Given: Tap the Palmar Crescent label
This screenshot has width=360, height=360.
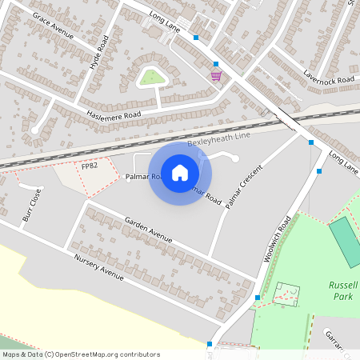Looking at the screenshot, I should [244, 188].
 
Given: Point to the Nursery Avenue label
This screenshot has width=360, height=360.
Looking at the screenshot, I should [98, 266].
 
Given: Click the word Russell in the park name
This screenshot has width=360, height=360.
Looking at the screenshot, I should [344, 285].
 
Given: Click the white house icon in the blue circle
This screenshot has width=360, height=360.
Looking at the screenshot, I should [180, 172].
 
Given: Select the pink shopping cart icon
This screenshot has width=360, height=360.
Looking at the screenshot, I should [216, 75].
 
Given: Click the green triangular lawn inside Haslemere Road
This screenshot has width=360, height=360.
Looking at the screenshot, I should [151, 78].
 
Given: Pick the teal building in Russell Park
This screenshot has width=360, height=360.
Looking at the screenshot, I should [346, 242].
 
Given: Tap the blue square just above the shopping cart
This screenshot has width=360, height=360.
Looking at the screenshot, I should [215, 63].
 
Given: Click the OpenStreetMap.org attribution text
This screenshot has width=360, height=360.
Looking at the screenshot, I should [103, 354].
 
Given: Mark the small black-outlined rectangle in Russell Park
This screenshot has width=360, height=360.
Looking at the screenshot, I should [286, 294].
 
